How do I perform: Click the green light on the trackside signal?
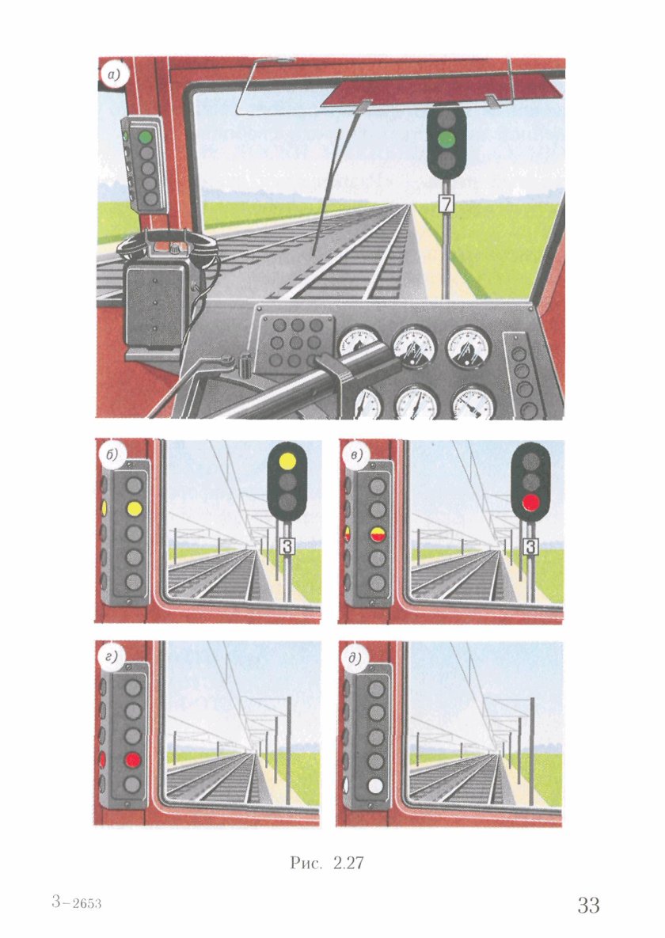pos(446,140)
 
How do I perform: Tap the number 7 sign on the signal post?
pos(446,204)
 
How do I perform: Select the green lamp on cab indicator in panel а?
pos(146,136)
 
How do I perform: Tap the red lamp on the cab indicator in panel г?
pos(133,760)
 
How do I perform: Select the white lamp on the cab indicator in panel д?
pos(376,786)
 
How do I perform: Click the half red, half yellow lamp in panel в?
pos(377,534)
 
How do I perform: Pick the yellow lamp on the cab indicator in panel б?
pos(134,509)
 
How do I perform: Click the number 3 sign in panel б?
pos(288,545)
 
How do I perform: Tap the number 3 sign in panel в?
pos(531,546)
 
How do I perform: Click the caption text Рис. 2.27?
pos(327,863)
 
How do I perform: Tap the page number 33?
pos(588,905)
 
